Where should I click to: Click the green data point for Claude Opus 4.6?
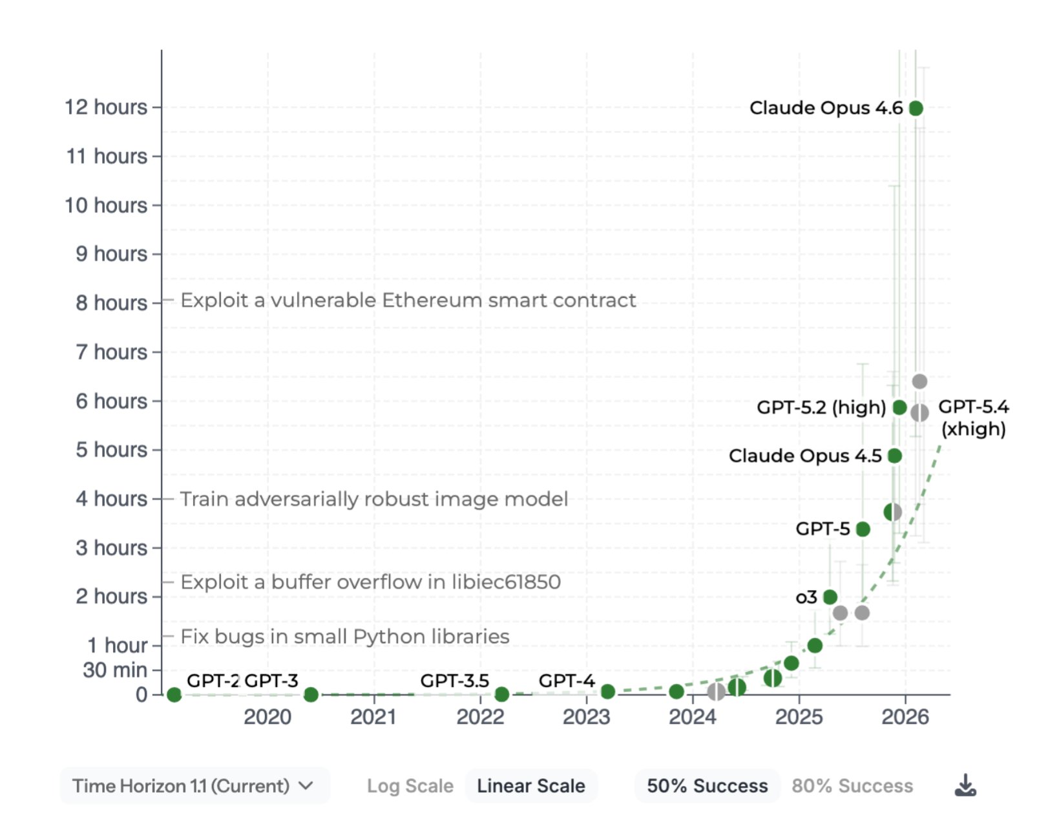[916, 108]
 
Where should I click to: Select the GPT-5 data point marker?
[863, 529]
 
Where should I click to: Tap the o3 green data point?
[830, 597]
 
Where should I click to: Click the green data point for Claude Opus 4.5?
[894, 456]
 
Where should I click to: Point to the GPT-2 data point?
[174, 694]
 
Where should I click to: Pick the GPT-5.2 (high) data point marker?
[899, 407]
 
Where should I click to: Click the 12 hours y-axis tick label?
[106, 107]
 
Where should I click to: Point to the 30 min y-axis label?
[114, 670]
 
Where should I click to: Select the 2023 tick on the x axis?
[586, 716]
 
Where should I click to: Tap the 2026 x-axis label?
[905, 716]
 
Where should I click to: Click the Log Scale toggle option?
[410, 786]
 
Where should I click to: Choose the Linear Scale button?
[530, 786]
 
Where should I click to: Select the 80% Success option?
[852, 786]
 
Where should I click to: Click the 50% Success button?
[707, 786]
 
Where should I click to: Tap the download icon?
[965, 785]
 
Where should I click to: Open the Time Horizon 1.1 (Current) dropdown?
[194, 786]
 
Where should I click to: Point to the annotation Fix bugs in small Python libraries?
[344, 637]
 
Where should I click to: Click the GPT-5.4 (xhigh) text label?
[973, 418]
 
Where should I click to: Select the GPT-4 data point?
[607, 692]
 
